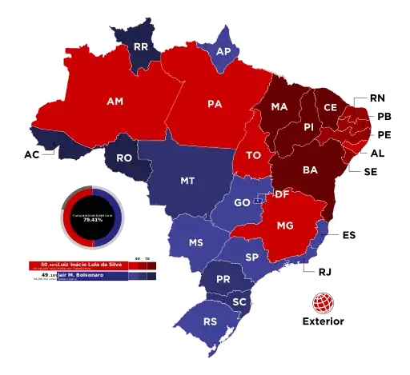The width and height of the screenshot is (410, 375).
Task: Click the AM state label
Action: coord(115,102)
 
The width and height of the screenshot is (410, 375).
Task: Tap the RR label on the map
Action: coord(141,47)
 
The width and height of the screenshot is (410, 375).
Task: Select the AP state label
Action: coord(225,50)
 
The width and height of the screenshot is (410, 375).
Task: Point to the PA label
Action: coord(215,104)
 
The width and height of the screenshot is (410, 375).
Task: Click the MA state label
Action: coord(279,107)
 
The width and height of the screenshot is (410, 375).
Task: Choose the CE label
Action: coord(330,107)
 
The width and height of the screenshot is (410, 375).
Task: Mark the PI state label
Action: coord(308,127)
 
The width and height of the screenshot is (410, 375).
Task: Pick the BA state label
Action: coord(310,170)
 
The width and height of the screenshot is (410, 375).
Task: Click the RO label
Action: coord(124,158)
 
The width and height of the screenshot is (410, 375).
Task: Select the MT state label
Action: coord(187,181)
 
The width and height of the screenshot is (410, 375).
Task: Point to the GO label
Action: coord(241,203)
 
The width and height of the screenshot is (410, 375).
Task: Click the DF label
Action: coord(281,194)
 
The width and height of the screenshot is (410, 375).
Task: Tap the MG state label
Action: coord(284,226)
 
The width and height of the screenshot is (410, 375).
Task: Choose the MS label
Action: coord(195,242)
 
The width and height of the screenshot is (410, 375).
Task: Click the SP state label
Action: coord(251,257)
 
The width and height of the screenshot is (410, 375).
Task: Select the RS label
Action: coord(211,322)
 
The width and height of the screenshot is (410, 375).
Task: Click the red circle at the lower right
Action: coord(323,303)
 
